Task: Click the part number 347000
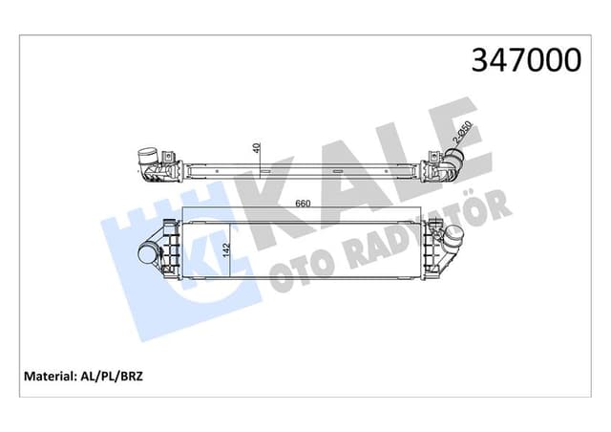click(x=523, y=60)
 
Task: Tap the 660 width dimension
click(x=303, y=204)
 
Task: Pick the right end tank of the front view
click(x=435, y=250)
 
